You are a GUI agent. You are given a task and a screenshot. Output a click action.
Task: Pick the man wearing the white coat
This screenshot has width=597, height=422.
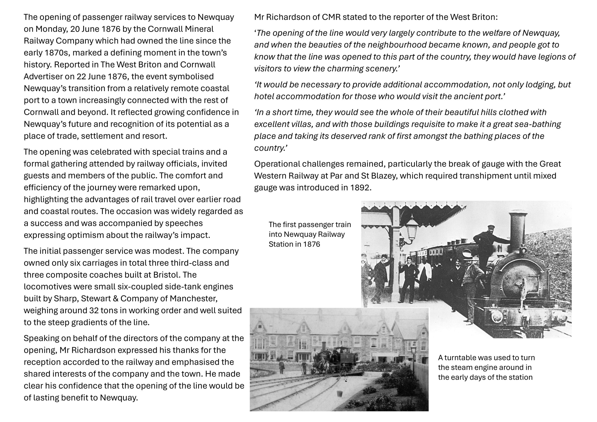click(x=424, y=276)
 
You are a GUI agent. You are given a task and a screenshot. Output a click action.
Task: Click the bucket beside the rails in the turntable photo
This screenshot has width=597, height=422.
click(x=339, y=393)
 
